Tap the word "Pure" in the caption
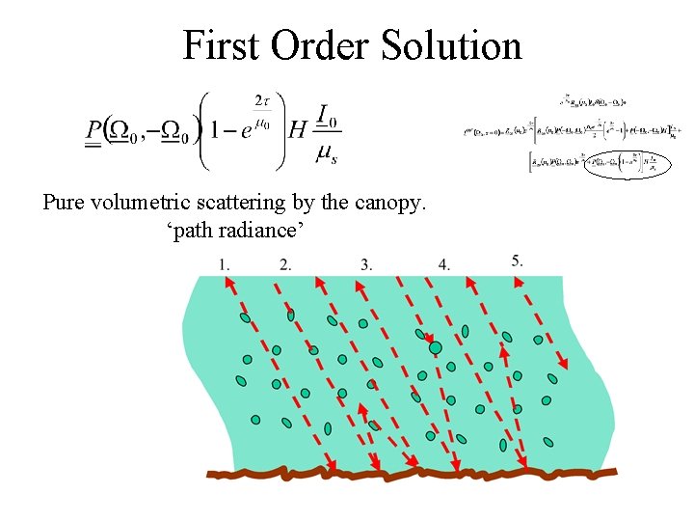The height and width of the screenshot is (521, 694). click(64, 204)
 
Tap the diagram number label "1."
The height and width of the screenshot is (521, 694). click(225, 263)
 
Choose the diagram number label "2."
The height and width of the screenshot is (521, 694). click(285, 263)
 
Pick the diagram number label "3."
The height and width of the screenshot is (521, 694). click(366, 263)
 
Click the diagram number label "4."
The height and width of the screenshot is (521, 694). click(443, 263)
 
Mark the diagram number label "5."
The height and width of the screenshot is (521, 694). click(518, 260)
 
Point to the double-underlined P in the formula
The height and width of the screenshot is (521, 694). click(93, 130)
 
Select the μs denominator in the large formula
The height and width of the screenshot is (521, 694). click(326, 151)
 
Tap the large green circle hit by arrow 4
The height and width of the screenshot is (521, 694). click(436, 347)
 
